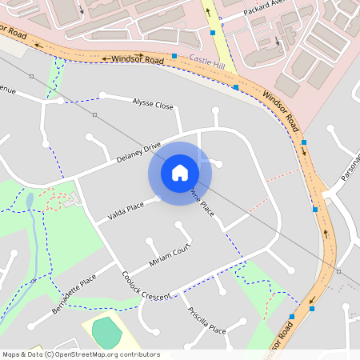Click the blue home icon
180,172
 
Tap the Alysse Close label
152,104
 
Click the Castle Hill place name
208,59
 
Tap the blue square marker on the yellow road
213,33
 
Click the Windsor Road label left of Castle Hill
133,58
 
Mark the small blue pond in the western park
30,200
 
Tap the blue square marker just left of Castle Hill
174,56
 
